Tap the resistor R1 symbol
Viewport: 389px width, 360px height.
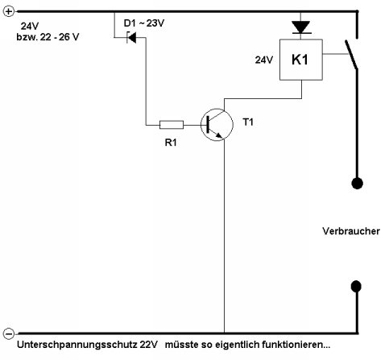[172, 124]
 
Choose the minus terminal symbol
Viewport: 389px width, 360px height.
[8, 333]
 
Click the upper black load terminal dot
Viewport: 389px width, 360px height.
[354, 183]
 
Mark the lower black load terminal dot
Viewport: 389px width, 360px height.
[354, 285]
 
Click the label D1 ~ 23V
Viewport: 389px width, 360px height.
[146, 23]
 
